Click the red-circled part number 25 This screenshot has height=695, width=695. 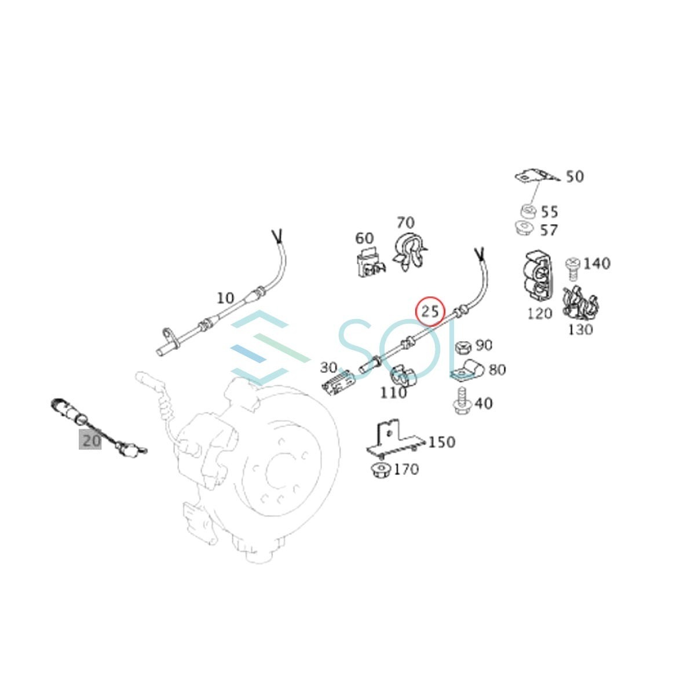tap(430, 312)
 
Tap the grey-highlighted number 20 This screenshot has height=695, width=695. tap(90, 440)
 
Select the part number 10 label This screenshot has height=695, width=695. tap(225, 298)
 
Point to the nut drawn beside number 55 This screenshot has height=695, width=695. tap(528, 211)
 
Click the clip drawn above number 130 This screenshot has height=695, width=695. tap(580, 303)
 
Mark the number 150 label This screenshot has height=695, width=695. tap(441, 442)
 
